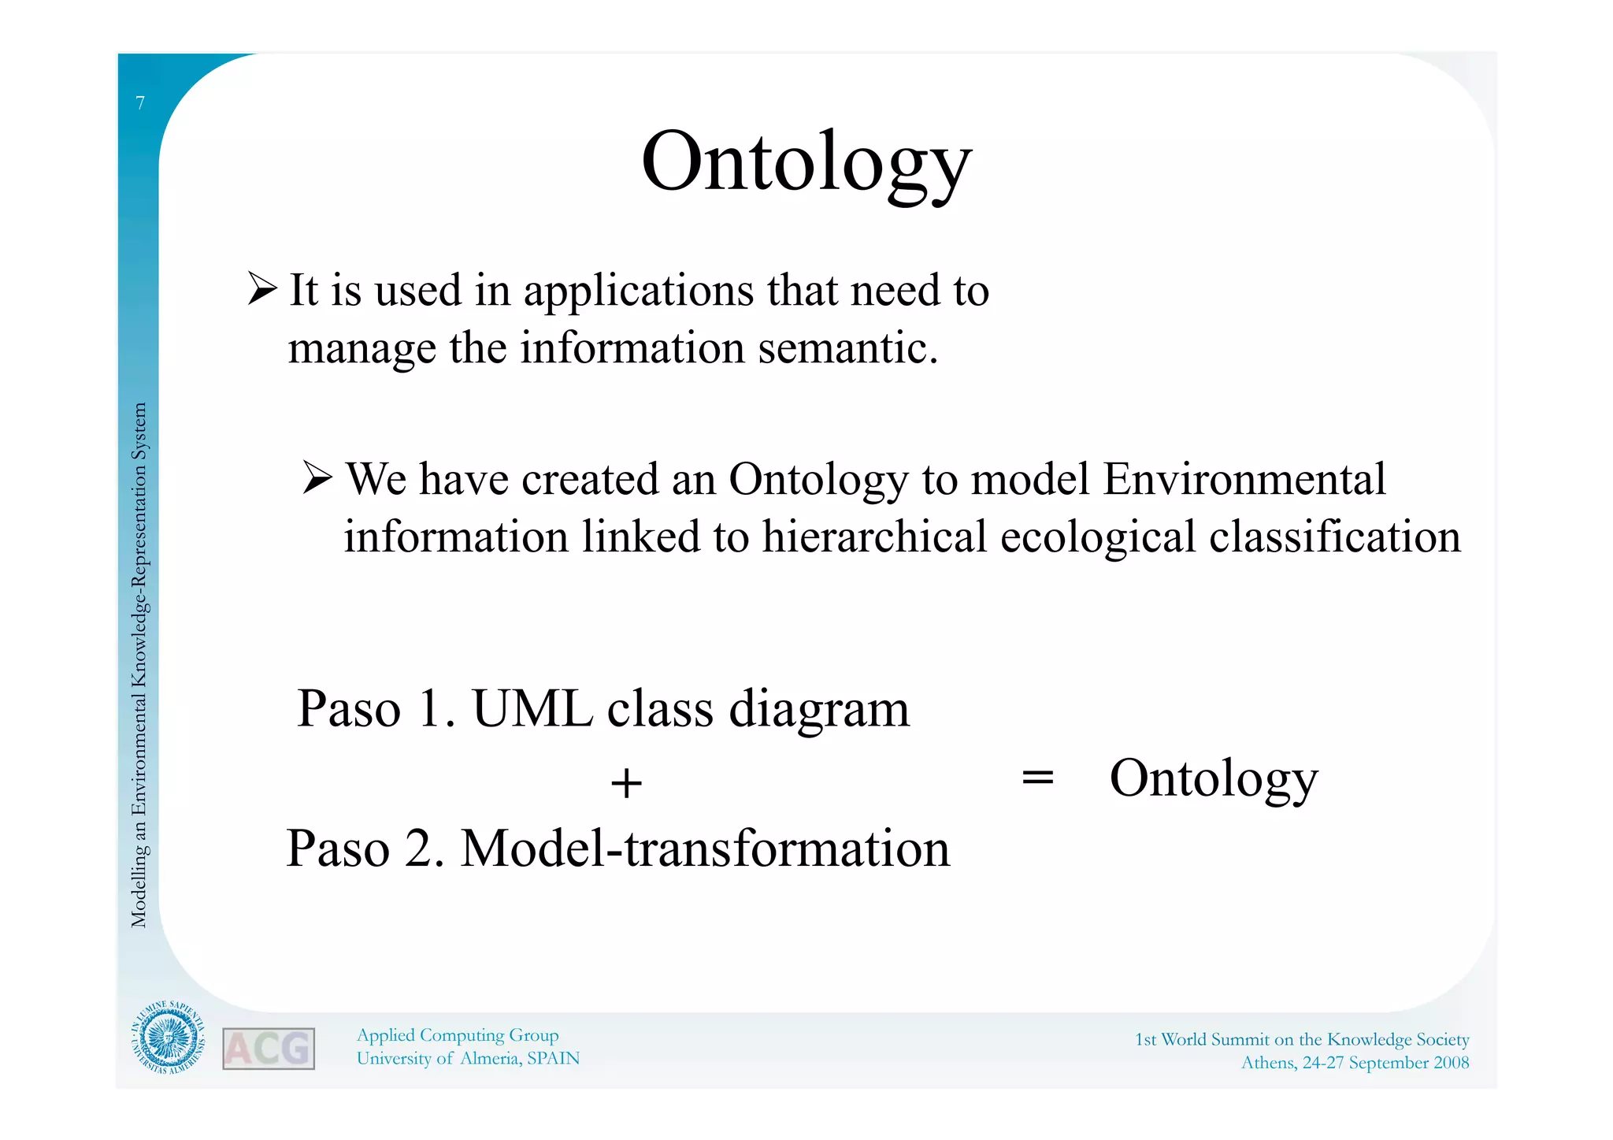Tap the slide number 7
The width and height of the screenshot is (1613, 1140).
[140, 103]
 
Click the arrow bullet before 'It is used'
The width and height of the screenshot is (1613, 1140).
[261, 288]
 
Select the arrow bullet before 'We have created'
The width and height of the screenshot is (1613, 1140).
[317, 477]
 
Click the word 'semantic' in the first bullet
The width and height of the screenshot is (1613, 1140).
[847, 347]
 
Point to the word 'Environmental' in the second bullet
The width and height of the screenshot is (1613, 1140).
[1244, 479]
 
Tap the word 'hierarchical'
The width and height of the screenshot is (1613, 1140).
[874, 537]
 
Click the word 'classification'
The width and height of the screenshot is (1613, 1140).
[1334, 537]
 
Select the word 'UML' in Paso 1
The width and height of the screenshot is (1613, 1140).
[532, 708]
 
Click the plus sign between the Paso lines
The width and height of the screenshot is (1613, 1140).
[626, 784]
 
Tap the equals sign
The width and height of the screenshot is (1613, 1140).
[1037, 778]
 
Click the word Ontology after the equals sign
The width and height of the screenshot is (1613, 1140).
[1213, 778]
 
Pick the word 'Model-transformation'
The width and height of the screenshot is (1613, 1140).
[705, 849]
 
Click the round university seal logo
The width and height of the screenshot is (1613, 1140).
[167, 1037]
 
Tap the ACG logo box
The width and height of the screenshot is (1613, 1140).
[269, 1049]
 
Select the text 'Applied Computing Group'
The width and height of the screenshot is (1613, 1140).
[458, 1035]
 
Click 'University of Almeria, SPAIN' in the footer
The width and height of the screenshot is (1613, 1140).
[468, 1058]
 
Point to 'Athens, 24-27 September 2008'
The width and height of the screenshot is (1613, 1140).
[1355, 1063]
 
